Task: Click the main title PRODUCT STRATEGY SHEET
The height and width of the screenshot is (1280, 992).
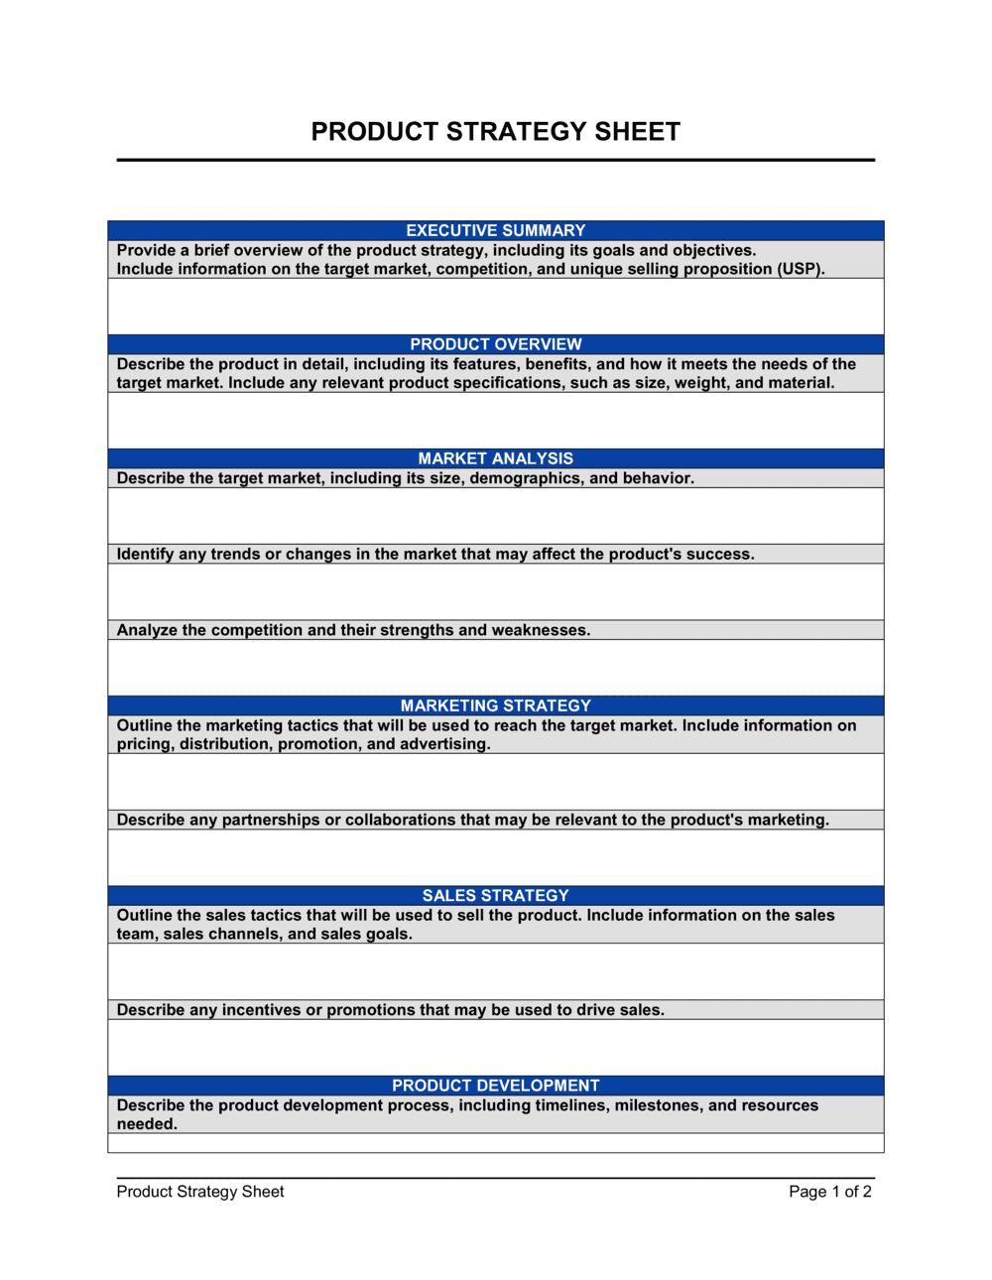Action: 495,132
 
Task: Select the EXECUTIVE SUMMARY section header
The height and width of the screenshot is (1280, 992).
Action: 495,230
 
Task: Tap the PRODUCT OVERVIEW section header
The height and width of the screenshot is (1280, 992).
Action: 495,344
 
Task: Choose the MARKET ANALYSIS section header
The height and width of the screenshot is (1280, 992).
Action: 495,458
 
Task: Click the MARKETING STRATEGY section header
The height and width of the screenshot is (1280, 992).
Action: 495,705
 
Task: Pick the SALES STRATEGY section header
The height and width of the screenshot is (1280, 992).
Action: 495,895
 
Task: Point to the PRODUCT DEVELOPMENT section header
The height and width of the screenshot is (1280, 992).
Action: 495,1086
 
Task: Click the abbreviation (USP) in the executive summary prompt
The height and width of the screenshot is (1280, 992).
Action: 801,269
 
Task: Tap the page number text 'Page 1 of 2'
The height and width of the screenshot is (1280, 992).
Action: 829,1192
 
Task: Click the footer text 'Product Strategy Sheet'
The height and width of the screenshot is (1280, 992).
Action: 200,1192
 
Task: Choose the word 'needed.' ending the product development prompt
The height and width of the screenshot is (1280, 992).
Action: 147,1124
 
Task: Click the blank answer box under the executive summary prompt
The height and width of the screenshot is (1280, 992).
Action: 495,306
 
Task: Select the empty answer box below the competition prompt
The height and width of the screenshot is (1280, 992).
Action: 495,667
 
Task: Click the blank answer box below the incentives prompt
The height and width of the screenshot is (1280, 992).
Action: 495,1047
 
